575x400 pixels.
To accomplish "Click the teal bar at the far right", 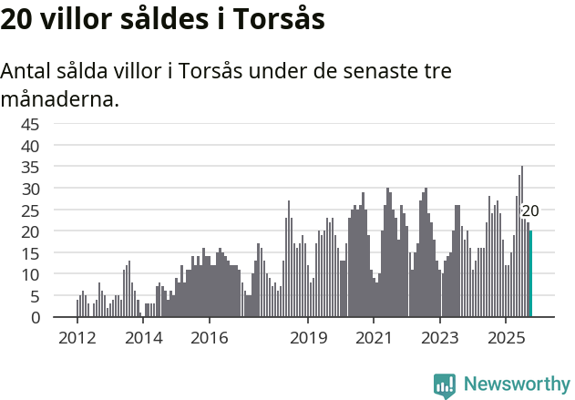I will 530,274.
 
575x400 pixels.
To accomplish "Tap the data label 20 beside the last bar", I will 529,211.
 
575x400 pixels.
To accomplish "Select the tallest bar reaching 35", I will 522,242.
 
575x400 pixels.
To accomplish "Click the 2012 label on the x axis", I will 77,338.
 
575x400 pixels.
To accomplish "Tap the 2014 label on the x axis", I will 143,338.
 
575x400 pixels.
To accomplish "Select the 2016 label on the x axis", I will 209,338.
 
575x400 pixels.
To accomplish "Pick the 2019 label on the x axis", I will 308,338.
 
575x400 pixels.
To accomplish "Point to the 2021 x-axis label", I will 374,338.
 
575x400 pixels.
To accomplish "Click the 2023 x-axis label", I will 440,338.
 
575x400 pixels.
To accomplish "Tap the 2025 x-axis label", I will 506,338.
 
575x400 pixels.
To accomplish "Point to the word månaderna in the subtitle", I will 59,98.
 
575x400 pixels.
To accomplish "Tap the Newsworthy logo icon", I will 445,385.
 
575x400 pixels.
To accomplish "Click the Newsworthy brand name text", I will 516,385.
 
